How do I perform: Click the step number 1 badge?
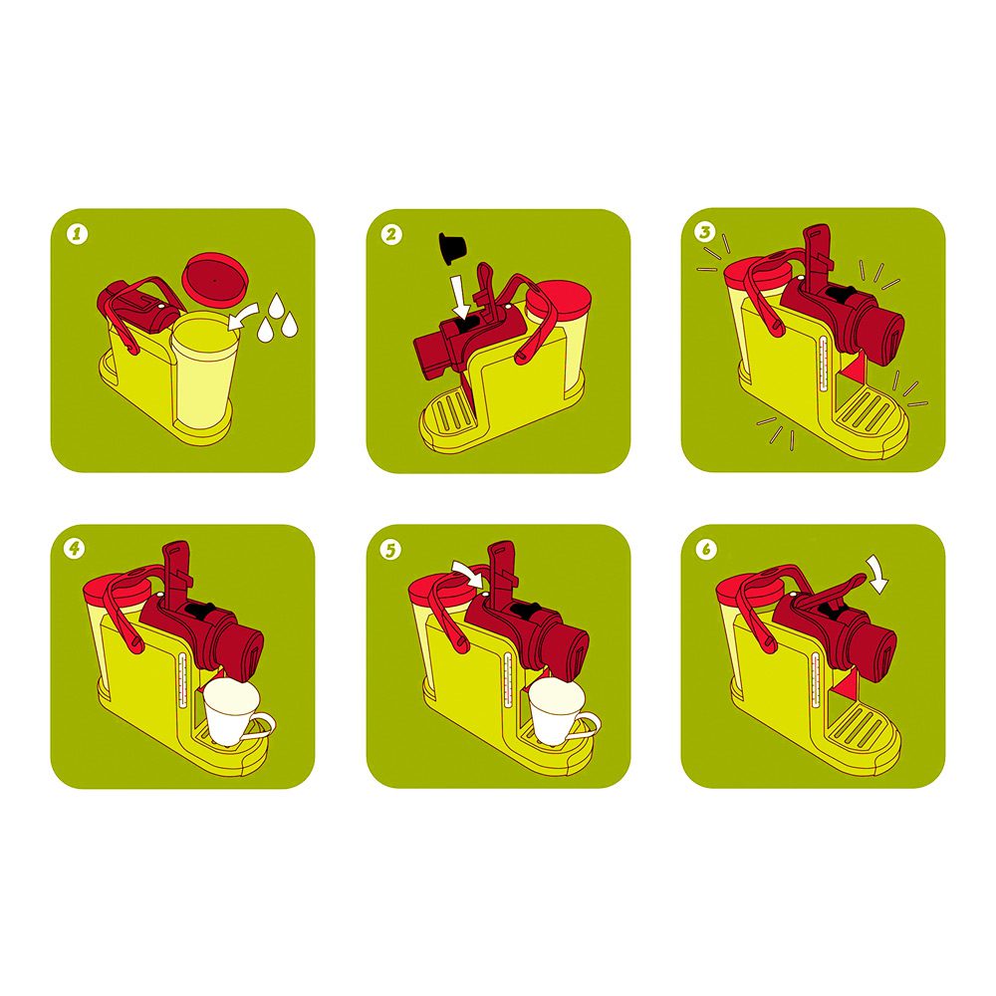click(x=78, y=234)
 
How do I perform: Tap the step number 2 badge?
click(x=391, y=234)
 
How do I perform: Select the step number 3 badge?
click(x=705, y=232)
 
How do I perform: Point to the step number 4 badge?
click(x=76, y=548)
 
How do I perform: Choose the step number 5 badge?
click(x=390, y=550)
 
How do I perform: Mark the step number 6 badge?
click(x=706, y=549)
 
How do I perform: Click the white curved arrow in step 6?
click(x=879, y=575)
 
